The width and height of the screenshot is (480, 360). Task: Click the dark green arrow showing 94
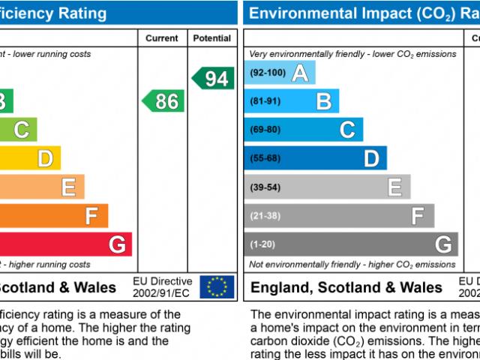pos(213,78)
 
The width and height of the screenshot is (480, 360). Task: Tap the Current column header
pos(162,38)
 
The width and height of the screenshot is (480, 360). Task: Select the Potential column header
pos(212,38)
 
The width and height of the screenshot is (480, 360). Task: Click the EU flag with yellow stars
pos(217,286)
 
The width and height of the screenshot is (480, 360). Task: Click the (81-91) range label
pos(265,101)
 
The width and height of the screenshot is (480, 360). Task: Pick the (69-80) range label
pos(265,130)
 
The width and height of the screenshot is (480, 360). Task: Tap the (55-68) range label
pos(265,158)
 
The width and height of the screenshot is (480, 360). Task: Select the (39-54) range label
pos(265,187)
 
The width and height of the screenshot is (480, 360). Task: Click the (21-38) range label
pos(265,215)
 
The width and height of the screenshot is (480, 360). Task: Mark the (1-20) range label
pos(262,244)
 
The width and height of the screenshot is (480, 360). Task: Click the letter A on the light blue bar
pos(300,73)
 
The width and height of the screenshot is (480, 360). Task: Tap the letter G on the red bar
pos(117,244)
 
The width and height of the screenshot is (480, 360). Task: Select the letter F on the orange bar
pos(91,217)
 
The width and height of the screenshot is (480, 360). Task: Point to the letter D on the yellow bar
pos(45,159)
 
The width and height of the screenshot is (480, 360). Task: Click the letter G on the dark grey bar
pos(443,244)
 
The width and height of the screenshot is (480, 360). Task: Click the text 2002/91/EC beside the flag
pos(161,292)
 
